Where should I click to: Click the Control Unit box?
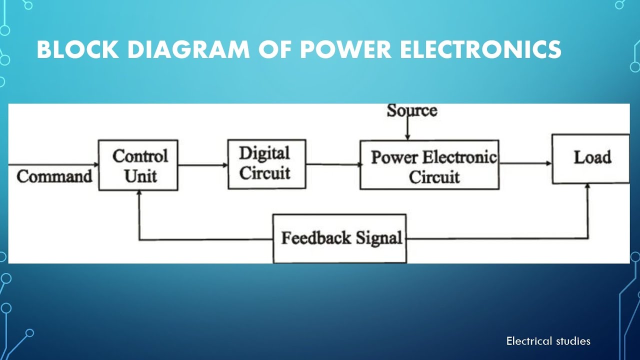(x=138, y=165)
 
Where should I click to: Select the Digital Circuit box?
(x=266, y=164)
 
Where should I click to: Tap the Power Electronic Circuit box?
(x=429, y=165)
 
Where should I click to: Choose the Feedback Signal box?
(x=339, y=238)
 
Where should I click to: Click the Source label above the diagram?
(x=411, y=110)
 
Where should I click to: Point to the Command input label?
(x=54, y=176)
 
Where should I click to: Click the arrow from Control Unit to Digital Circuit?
(x=202, y=165)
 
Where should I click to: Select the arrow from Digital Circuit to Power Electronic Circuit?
(x=332, y=164)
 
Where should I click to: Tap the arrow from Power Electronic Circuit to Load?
(x=525, y=163)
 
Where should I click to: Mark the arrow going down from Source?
(x=407, y=129)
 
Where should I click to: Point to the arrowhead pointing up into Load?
(x=588, y=187)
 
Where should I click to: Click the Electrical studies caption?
(x=548, y=341)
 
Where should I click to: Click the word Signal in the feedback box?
(x=379, y=238)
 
